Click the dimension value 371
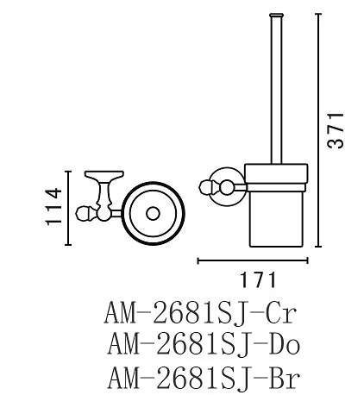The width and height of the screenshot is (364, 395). tap(336, 130)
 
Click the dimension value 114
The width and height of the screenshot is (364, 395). tap(53, 206)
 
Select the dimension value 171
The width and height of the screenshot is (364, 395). tap(258, 279)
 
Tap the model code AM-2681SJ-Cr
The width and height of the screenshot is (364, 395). tap(200, 313)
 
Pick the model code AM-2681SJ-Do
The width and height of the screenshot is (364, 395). tap(204, 344)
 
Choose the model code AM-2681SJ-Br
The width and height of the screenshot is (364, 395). tap(204, 375)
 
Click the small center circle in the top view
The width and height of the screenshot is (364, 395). tap(153, 214)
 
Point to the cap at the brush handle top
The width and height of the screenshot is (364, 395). tap(275, 15)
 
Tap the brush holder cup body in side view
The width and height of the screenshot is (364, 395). tap(276, 218)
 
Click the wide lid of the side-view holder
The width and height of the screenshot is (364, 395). tap(276, 173)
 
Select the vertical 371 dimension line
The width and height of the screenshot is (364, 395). tap(318, 130)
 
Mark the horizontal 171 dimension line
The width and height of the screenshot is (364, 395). tap(253, 260)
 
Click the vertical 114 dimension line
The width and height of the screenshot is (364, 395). tap(68, 208)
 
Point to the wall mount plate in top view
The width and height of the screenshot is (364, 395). tap(104, 174)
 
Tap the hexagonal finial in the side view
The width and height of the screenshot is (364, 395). tap(205, 187)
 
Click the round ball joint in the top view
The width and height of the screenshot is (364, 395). tap(104, 214)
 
